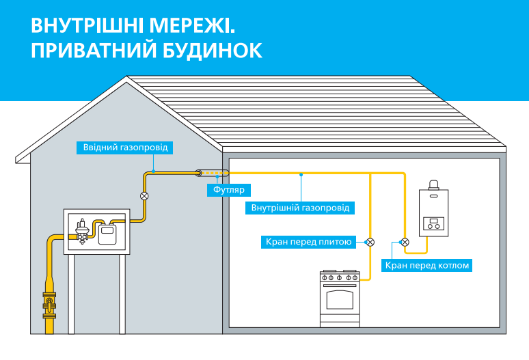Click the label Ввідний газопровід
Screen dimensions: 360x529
click(124, 147)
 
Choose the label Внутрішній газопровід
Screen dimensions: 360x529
click(301, 207)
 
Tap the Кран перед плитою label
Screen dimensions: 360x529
click(308, 241)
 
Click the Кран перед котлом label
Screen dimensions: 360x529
click(428, 264)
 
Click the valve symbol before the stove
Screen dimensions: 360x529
click(370, 241)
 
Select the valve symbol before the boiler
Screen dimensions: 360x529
click(405, 241)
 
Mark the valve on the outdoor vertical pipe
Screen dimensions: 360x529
click(144, 196)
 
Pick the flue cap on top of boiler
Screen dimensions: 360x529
click(434, 186)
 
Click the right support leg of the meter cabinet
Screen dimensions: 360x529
click(122, 294)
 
